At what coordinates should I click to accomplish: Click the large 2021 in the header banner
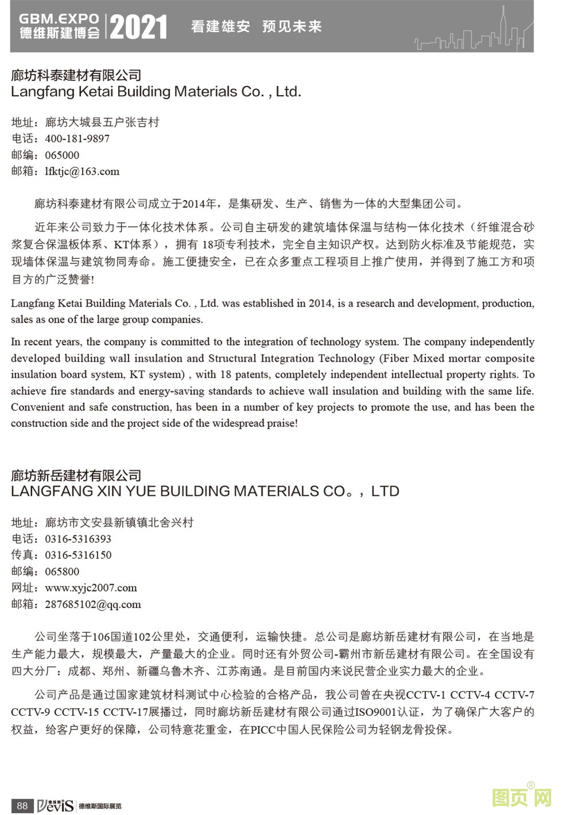point(138,27)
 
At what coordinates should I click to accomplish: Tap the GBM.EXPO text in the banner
point(58,19)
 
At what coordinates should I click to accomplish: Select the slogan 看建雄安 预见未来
point(256,26)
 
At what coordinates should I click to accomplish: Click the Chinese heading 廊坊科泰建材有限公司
point(76,75)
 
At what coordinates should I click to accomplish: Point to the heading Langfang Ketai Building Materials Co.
point(155,92)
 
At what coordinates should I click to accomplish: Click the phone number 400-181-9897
point(77,139)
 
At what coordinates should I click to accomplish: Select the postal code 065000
point(62,155)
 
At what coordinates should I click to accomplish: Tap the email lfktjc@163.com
point(82,171)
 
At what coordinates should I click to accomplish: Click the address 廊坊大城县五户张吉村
point(102,122)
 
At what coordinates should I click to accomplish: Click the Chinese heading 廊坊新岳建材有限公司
point(76,475)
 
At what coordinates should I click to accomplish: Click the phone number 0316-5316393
point(78,539)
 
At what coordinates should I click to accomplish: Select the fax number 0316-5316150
point(78,555)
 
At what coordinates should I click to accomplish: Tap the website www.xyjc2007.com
point(91,587)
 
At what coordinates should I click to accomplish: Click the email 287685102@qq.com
point(92,604)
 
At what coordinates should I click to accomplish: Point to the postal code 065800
point(62,571)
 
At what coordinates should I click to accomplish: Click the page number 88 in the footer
point(22,805)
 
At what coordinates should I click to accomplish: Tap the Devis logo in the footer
point(56,806)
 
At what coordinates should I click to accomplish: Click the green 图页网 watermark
point(521,797)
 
